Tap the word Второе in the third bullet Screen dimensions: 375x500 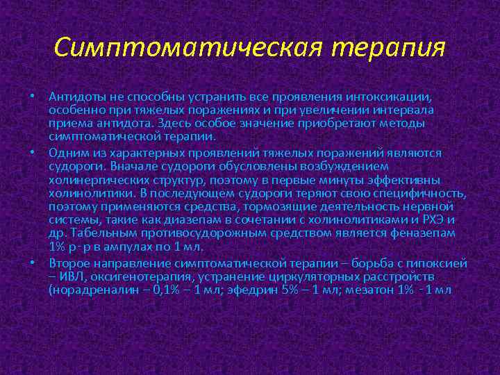pyautogui.click(x=68, y=263)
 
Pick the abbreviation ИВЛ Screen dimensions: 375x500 pyautogui.click(x=71, y=277)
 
